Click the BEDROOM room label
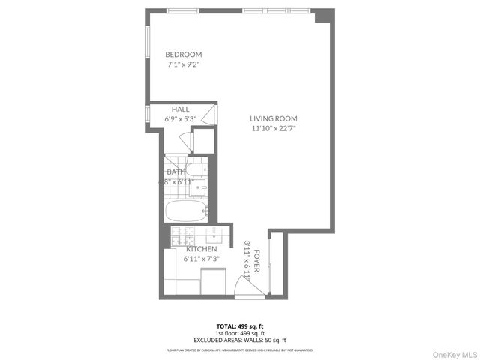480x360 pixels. click(x=184, y=55)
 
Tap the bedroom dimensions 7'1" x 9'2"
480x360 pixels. click(x=184, y=64)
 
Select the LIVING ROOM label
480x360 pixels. click(x=274, y=118)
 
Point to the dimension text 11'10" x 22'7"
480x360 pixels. click(x=274, y=128)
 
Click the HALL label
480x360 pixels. click(x=180, y=109)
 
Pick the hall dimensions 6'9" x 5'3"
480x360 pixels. click(x=180, y=118)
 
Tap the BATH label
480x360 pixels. click(x=176, y=172)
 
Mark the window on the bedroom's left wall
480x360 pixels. click(x=146, y=45)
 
